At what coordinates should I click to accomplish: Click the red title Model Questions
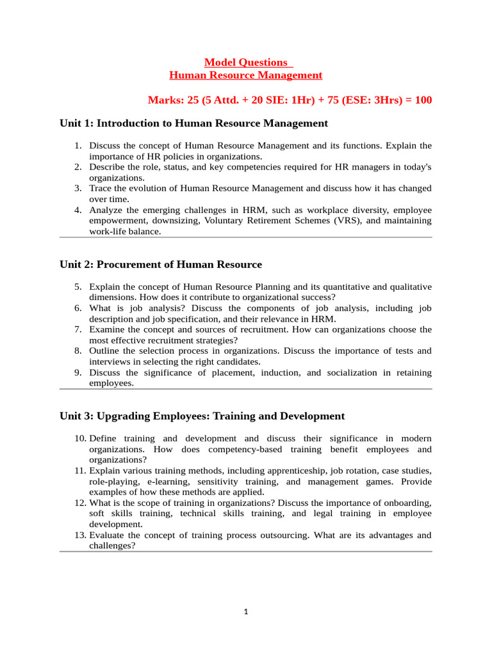246,62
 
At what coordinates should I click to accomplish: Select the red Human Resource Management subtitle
246,75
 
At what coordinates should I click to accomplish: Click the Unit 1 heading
193,123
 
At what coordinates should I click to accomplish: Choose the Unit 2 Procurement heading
161,264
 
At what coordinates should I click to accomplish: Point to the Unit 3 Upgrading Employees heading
202,416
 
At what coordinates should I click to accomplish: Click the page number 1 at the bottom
246,612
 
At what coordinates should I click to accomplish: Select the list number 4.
77,210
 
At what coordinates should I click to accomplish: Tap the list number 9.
77,372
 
